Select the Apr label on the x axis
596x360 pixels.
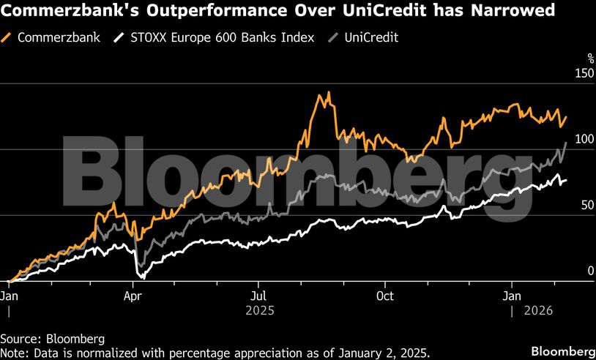133,296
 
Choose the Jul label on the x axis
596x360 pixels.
257,296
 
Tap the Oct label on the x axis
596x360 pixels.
384,296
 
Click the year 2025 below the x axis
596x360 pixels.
260,310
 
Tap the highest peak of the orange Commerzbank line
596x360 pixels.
329,92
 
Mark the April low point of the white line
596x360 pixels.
143,278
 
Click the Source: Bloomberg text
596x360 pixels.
53,339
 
